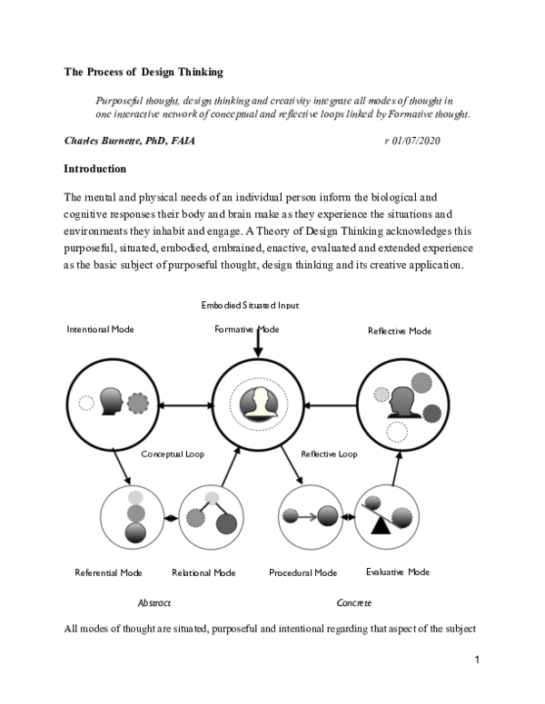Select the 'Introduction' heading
[94, 169]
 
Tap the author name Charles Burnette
[129, 142]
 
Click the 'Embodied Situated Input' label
[250, 306]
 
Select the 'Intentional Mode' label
[100, 329]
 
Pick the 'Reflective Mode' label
[399, 331]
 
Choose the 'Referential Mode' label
[108, 572]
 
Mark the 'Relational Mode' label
[203, 572]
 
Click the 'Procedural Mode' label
[303, 572]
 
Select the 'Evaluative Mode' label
[398, 572]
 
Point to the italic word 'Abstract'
[154, 602]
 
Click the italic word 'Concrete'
[353, 602]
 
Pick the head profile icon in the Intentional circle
[112, 401]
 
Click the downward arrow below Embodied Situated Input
[259, 343]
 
